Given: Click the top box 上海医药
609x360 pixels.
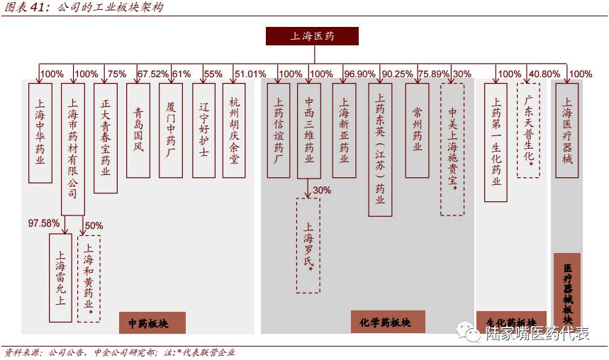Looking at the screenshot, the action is tap(312, 36).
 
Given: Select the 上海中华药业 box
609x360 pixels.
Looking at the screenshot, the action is tap(40, 133).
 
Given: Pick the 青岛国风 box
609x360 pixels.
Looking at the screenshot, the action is tap(138, 130).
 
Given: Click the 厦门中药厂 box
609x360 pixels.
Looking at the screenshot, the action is tap(170, 130).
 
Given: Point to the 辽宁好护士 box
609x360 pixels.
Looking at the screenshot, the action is tap(203, 130).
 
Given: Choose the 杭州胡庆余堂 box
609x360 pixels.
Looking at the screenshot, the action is tap(234, 130).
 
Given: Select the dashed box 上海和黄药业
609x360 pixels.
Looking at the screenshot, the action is tap(89, 279).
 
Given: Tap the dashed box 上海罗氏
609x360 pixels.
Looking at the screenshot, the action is tap(308, 245).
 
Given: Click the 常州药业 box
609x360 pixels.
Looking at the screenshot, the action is tap(417, 130).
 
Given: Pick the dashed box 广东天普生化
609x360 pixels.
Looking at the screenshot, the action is tap(528, 130).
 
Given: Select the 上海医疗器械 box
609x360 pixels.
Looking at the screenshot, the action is tap(566, 130).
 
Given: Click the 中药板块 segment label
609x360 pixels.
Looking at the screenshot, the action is tap(152, 323).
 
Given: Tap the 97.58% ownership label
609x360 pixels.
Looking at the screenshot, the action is tap(44, 223).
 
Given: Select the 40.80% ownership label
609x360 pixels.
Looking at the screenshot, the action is tap(544, 74).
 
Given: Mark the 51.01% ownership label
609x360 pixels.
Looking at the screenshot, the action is tap(250, 74).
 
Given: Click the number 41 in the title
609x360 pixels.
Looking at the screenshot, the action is tap(37, 8).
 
